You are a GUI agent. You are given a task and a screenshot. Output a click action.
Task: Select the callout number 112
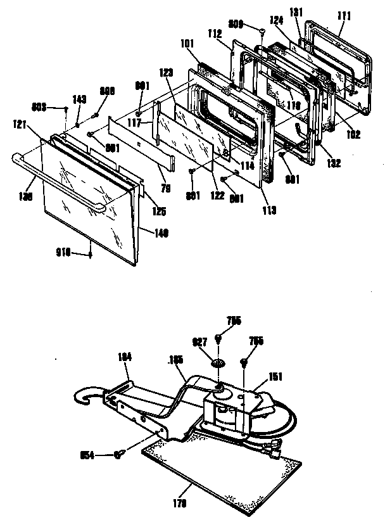pyautogui.click(x=214, y=35)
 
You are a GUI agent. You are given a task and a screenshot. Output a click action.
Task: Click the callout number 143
pyautogui.click(x=79, y=99)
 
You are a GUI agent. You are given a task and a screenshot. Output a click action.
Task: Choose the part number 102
pyautogui.click(x=353, y=134)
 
